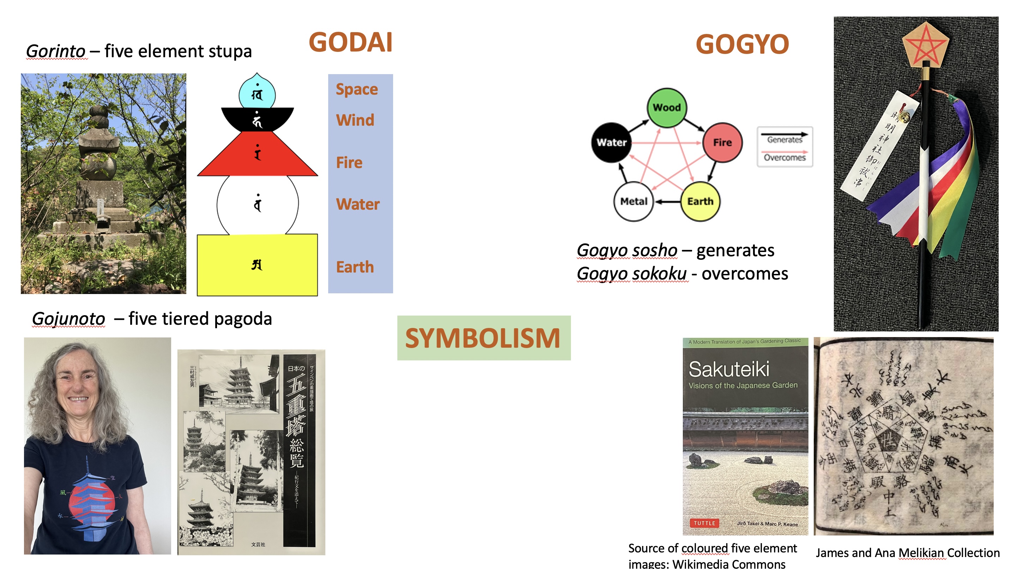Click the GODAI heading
click(x=350, y=42)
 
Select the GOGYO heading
click(x=742, y=44)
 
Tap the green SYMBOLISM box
click(x=483, y=338)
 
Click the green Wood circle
click(x=666, y=107)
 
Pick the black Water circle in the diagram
click(x=611, y=142)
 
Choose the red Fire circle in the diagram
click(x=722, y=142)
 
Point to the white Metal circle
click(x=633, y=201)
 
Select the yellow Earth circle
click(x=700, y=201)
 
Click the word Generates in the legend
click(x=784, y=139)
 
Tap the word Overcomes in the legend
click(x=784, y=157)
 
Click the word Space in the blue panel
click(x=357, y=90)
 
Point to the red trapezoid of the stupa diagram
click(x=258, y=155)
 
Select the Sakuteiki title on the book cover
click(x=729, y=369)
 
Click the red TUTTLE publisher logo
click(x=704, y=523)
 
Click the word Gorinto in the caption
click(x=56, y=51)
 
